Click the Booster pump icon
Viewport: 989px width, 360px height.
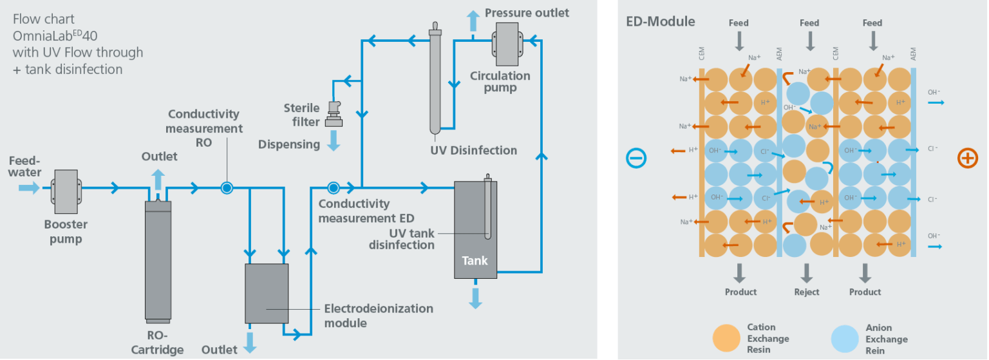65,188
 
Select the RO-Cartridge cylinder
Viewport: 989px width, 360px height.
158,261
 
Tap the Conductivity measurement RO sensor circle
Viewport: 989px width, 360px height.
227,188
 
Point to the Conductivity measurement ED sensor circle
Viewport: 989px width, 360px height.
333,188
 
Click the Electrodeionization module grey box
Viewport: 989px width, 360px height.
267,293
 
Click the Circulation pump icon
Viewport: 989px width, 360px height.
507,43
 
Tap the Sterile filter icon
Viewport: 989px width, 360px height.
334,114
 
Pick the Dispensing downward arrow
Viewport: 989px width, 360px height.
334,140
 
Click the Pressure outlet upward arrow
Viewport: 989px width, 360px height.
473,21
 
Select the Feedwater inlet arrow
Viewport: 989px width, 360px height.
29,188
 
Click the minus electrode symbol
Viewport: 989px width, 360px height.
636,158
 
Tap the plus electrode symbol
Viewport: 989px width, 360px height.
967,158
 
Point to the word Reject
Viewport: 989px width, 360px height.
807,292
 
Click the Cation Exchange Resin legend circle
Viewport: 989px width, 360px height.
727,339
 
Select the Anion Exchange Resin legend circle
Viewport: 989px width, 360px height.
845,339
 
